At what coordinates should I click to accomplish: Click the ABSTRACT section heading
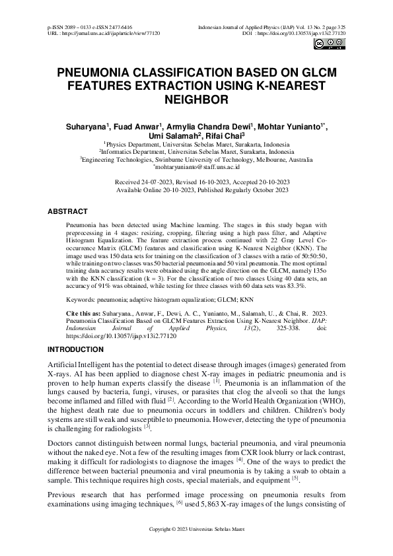tap(67, 212)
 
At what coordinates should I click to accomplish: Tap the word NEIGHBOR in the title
tap(196, 100)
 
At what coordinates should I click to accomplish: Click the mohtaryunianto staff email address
tap(196, 169)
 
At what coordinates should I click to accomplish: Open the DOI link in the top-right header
tap(307, 32)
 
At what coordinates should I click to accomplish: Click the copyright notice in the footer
tap(196, 548)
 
